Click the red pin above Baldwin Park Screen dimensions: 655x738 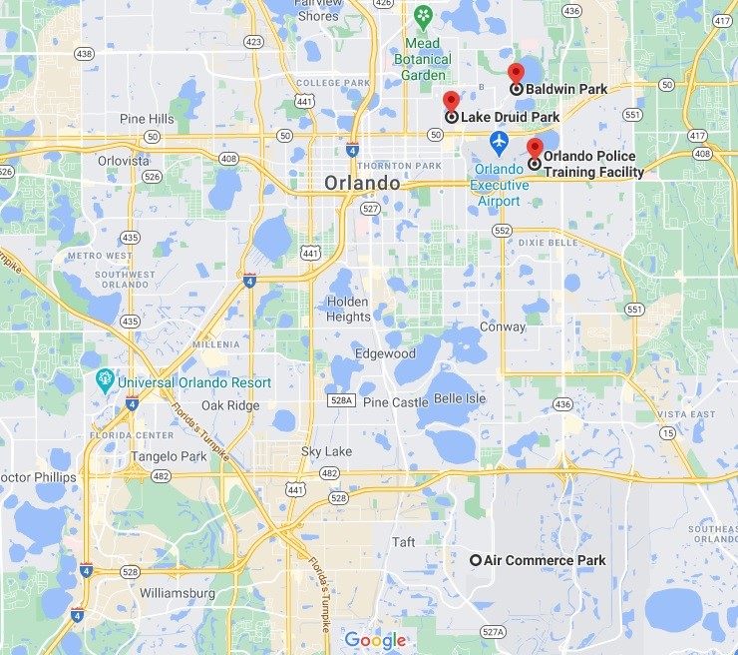click(x=516, y=73)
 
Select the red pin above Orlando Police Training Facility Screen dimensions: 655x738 click(x=535, y=148)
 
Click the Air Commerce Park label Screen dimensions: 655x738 click(x=544, y=560)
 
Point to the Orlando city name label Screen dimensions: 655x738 click(x=362, y=184)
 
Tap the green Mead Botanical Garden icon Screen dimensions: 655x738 click(x=424, y=16)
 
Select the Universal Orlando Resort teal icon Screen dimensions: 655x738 click(x=105, y=381)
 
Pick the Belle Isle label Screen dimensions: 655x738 click(x=460, y=398)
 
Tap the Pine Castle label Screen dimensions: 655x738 click(x=395, y=402)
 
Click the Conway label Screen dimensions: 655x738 click(x=502, y=327)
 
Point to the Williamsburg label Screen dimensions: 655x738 click(x=178, y=593)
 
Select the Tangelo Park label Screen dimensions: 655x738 click(x=169, y=456)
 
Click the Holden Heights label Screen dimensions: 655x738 click(x=348, y=310)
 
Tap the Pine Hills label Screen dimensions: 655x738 click(x=147, y=119)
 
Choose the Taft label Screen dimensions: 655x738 click(x=403, y=542)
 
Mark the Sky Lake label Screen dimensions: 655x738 click(x=326, y=452)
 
